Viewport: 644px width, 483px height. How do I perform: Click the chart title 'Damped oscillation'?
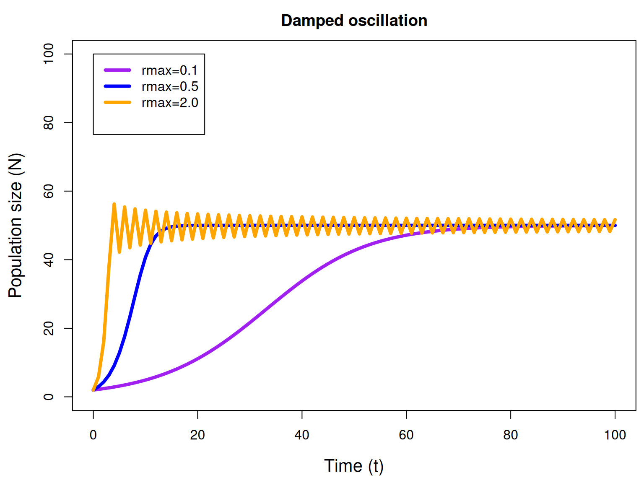click(354, 21)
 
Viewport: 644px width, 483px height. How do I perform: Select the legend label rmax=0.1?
click(169, 70)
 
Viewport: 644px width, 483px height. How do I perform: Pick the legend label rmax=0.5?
click(170, 86)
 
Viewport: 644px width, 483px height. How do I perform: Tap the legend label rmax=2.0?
click(170, 103)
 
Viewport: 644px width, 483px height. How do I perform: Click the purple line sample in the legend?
click(117, 70)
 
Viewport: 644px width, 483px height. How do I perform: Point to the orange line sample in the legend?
click(117, 102)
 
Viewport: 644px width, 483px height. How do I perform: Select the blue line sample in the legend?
click(117, 86)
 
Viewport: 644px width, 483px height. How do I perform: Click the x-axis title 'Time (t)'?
click(354, 466)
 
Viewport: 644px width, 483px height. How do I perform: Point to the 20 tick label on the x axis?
click(197, 435)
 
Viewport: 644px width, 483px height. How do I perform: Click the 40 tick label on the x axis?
click(302, 435)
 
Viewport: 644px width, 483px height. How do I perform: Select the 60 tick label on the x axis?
click(406, 435)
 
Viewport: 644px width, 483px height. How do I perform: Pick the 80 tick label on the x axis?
click(511, 435)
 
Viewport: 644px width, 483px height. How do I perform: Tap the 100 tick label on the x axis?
click(615, 435)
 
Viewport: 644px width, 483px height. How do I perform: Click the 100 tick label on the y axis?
click(48, 54)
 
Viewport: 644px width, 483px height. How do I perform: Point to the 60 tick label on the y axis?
click(48, 191)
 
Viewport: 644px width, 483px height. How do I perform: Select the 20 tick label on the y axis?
click(48, 328)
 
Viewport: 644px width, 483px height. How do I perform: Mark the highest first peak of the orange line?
click(114, 204)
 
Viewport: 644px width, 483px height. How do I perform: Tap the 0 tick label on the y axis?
click(48, 397)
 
